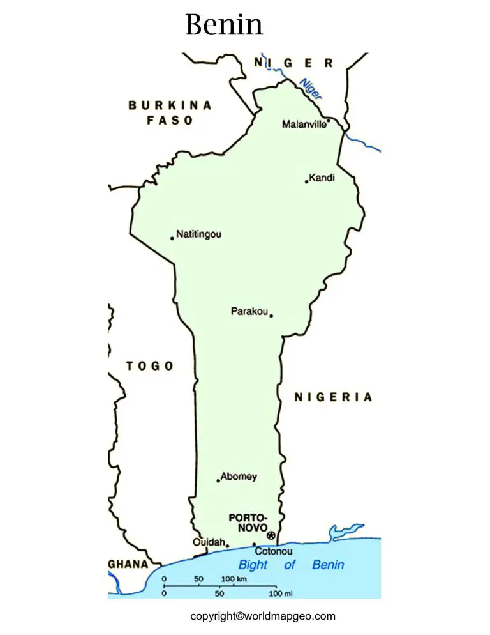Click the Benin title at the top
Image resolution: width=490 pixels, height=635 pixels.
click(224, 24)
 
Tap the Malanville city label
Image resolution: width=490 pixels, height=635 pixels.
click(304, 125)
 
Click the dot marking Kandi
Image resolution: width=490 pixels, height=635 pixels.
click(306, 181)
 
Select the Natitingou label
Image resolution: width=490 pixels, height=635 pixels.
click(198, 234)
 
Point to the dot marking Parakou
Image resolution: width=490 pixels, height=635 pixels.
click(271, 315)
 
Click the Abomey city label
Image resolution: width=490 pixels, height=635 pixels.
click(239, 477)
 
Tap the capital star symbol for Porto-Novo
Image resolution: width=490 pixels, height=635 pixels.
click(271, 535)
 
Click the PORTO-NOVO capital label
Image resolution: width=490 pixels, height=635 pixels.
click(248, 523)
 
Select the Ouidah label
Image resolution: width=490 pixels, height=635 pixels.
click(208, 542)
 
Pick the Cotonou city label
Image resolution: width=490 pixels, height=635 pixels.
click(274, 551)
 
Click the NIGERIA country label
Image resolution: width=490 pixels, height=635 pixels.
click(332, 397)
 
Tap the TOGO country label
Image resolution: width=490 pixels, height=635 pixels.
click(149, 366)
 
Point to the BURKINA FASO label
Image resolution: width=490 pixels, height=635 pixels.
click(170, 112)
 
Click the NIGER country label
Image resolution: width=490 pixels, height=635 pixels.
click(293, 63)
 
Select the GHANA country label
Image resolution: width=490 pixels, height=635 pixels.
click(128, 565)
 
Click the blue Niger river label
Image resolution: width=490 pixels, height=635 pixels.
click(311, 88)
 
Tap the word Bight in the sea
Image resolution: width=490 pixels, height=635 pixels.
click(253, 565)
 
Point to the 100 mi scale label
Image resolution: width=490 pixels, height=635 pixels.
click(280, 594)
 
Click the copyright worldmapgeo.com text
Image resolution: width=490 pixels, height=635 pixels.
click(262, 616)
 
